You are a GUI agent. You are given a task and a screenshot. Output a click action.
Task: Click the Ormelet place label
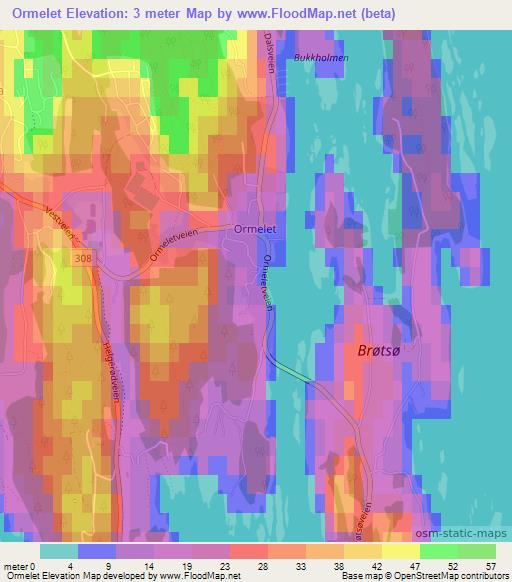tap(254, 229)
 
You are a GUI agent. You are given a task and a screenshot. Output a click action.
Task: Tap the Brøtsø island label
tap(382, 351)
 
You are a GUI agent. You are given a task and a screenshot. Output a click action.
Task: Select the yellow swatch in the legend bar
tap(400, 551)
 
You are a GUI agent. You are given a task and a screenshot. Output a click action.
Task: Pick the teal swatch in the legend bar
tap(59, 551)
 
